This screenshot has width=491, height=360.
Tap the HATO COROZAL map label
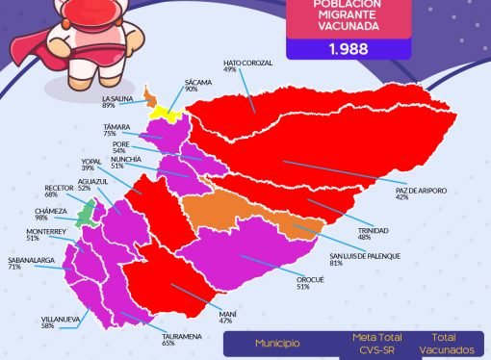coord(247,64)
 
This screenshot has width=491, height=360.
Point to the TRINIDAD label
coord(374,232)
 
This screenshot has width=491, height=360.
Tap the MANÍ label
coord(226,314)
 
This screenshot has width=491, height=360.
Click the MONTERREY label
coord(46,233)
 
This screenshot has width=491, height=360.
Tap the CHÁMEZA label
coord(50,214)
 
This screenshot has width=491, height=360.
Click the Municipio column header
coord(277,344)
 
